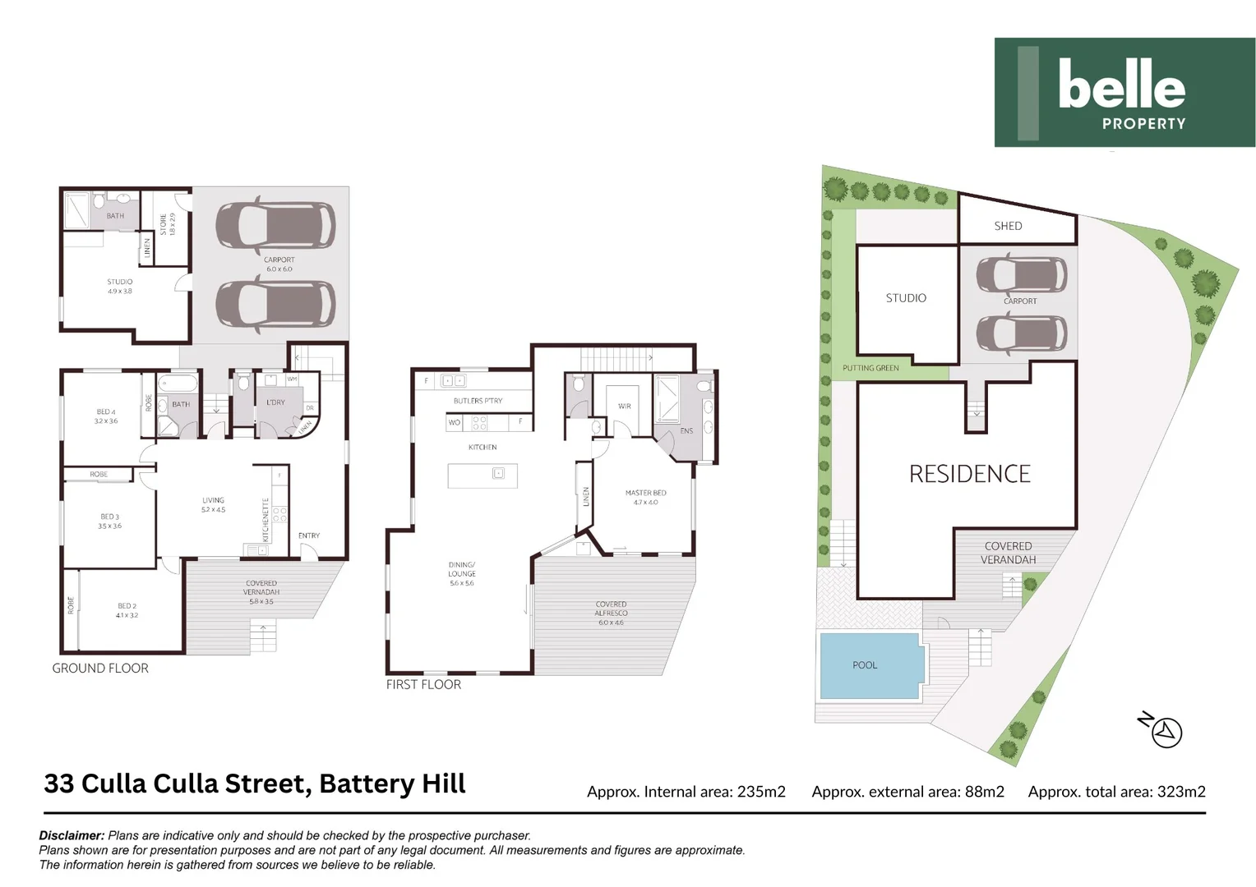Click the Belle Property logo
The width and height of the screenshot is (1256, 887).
tap(1124, 92)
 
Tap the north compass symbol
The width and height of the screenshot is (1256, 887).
tap(1165, 731)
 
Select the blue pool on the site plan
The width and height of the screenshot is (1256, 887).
tap(870, 665)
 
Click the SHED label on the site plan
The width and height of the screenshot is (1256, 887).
tap(1008, 226)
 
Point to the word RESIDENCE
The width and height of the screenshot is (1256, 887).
tap(969, 474)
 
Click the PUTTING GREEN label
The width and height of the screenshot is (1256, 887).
tap(870, 368)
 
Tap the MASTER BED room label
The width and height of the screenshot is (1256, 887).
tap(645, 497)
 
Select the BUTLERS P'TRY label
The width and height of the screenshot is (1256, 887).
tap(478, 401)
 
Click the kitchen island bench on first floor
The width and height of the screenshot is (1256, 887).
tap(482, 476)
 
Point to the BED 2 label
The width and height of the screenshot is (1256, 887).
tap(127, 610)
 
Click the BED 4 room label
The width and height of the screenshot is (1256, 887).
tap(106, 416)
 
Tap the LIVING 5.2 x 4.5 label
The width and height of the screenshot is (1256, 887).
tap(213, 504)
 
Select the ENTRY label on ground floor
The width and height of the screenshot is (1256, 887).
tap(309, 535)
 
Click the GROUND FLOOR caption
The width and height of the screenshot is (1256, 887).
tap(100, 669)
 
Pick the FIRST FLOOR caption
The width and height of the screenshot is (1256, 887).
tap(423, 684)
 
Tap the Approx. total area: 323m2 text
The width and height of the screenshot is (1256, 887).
tap(1116, 792)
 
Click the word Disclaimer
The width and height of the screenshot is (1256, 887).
tap(72, 835)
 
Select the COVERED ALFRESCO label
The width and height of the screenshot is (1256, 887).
tap(611, 613)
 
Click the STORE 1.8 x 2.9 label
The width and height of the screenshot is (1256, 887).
tap(167, 224)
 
